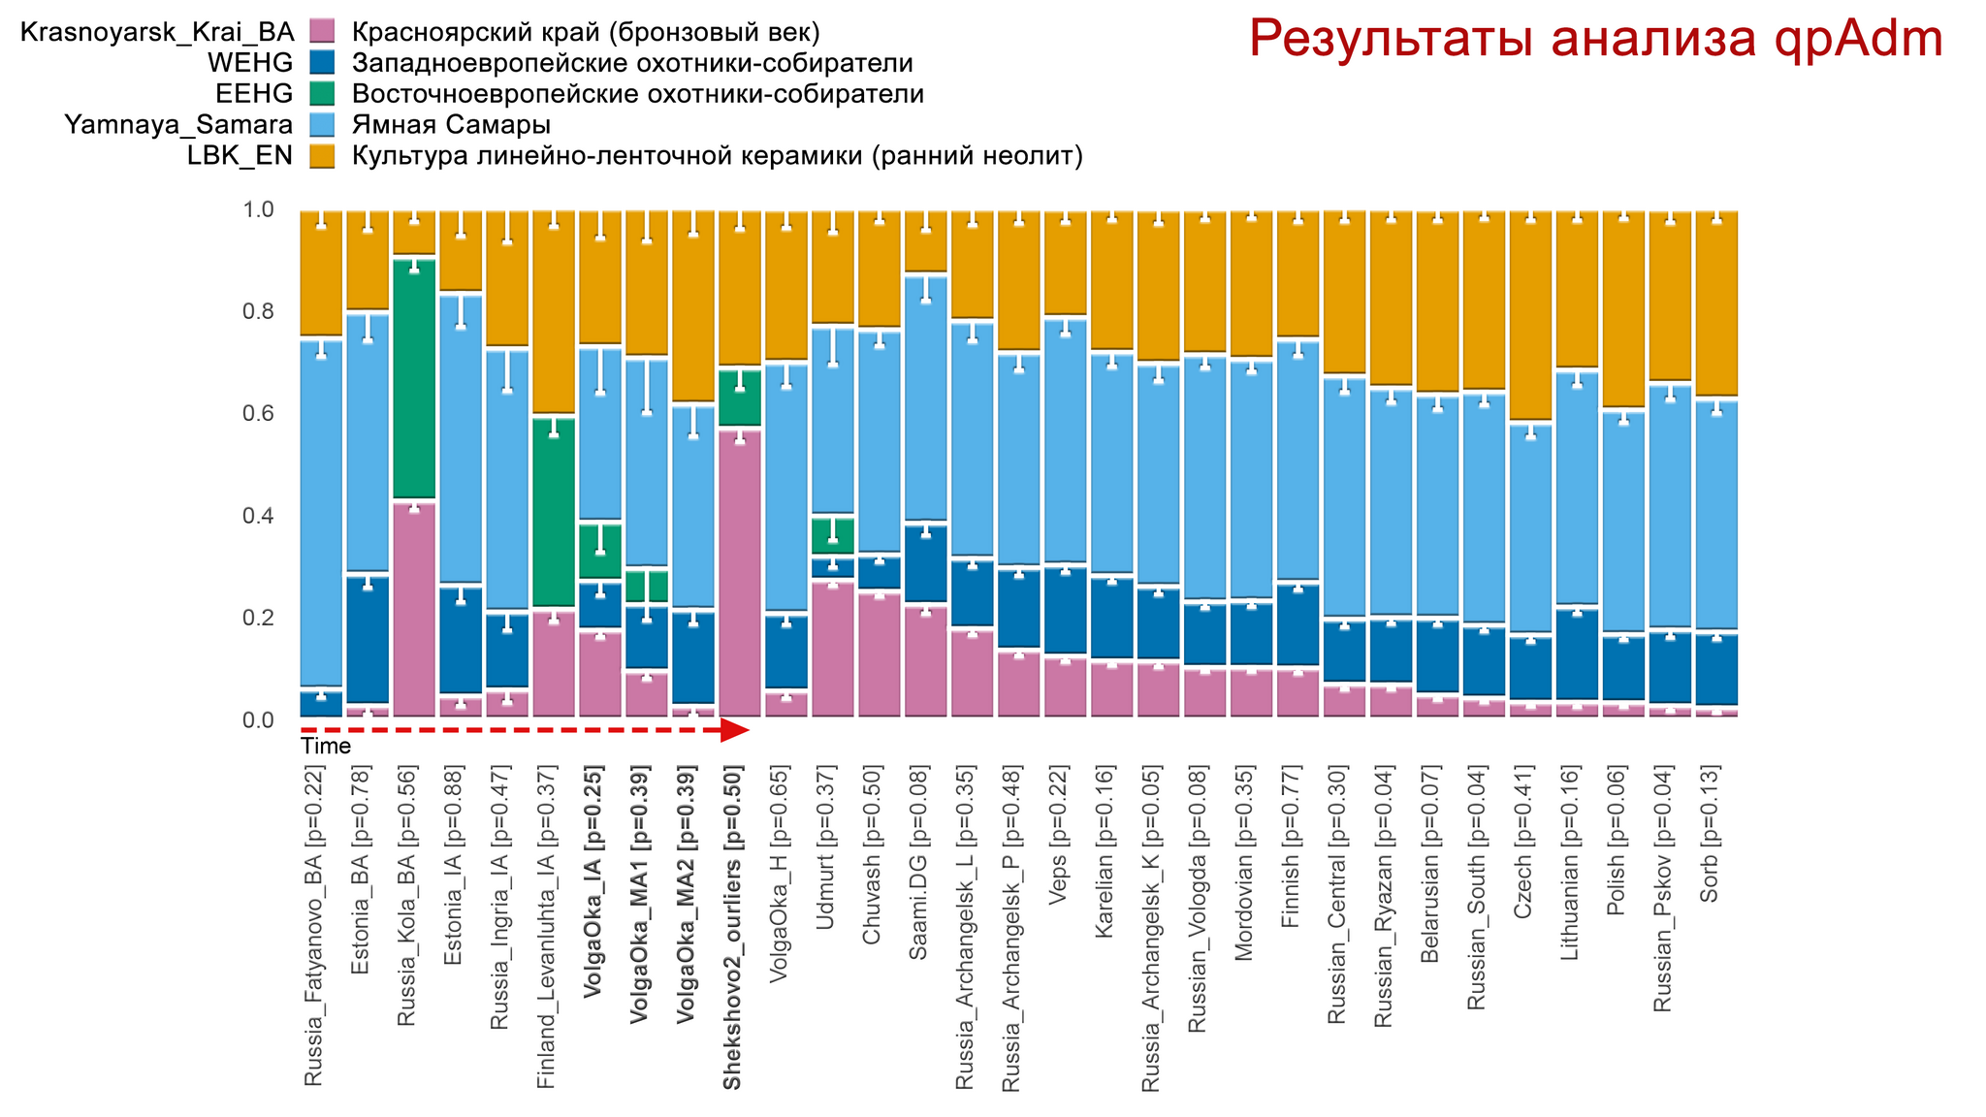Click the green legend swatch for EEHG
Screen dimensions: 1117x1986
coord(323,94)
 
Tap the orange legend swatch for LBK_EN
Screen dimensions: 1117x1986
coord(323,156)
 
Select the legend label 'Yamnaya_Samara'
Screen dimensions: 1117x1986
coord(178,125)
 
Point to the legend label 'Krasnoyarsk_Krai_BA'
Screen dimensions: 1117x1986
coord(156,32)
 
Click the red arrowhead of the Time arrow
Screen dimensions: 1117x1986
coord(736,730)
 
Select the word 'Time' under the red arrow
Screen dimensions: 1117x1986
coord(326,747)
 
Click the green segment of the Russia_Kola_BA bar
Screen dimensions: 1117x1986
coord(414,378)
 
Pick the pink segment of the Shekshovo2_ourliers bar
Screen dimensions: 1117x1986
coord(740,572)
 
